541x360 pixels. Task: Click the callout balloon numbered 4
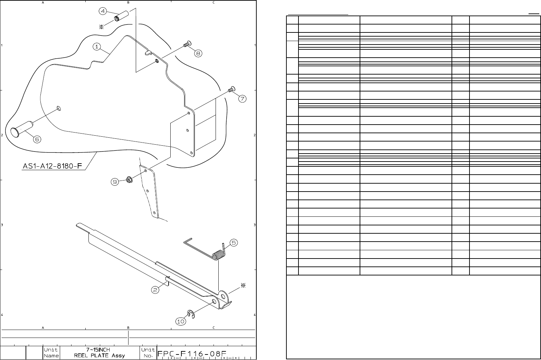103,11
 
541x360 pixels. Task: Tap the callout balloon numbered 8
198,53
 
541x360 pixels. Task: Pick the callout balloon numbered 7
242,99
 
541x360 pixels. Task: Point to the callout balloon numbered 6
37,139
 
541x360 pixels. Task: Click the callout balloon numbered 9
115,182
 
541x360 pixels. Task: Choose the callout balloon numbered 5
234,243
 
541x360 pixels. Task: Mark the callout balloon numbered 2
156,290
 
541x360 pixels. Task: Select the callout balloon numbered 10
181,321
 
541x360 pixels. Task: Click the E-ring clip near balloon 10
191,314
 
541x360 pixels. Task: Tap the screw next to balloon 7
231,89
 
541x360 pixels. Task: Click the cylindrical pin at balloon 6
21,128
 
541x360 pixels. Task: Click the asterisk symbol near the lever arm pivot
243,285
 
